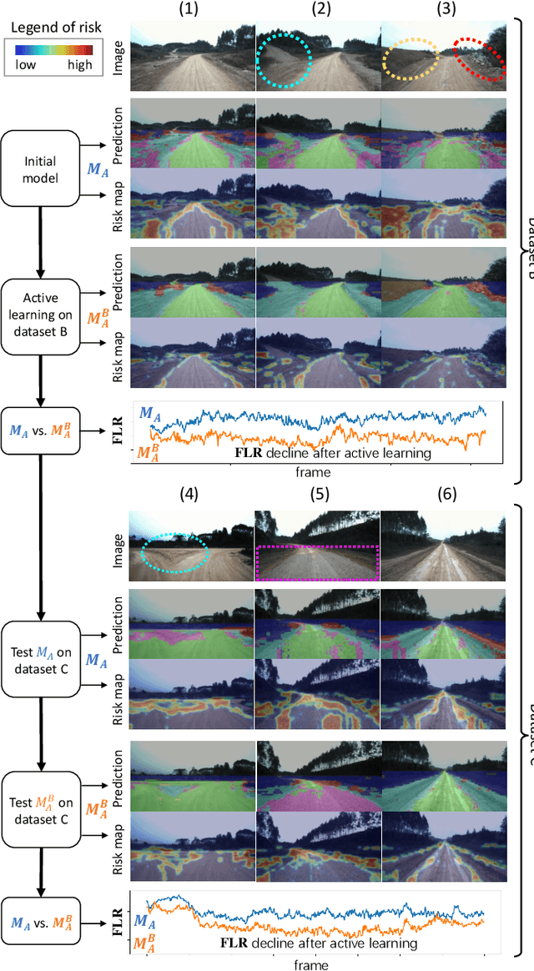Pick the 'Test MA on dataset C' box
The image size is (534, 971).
click(41, 657)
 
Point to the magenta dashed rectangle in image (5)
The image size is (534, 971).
click(317, 563)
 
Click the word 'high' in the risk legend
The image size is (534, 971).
click(78, 64)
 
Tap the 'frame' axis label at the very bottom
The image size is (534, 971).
click(311, 963)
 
